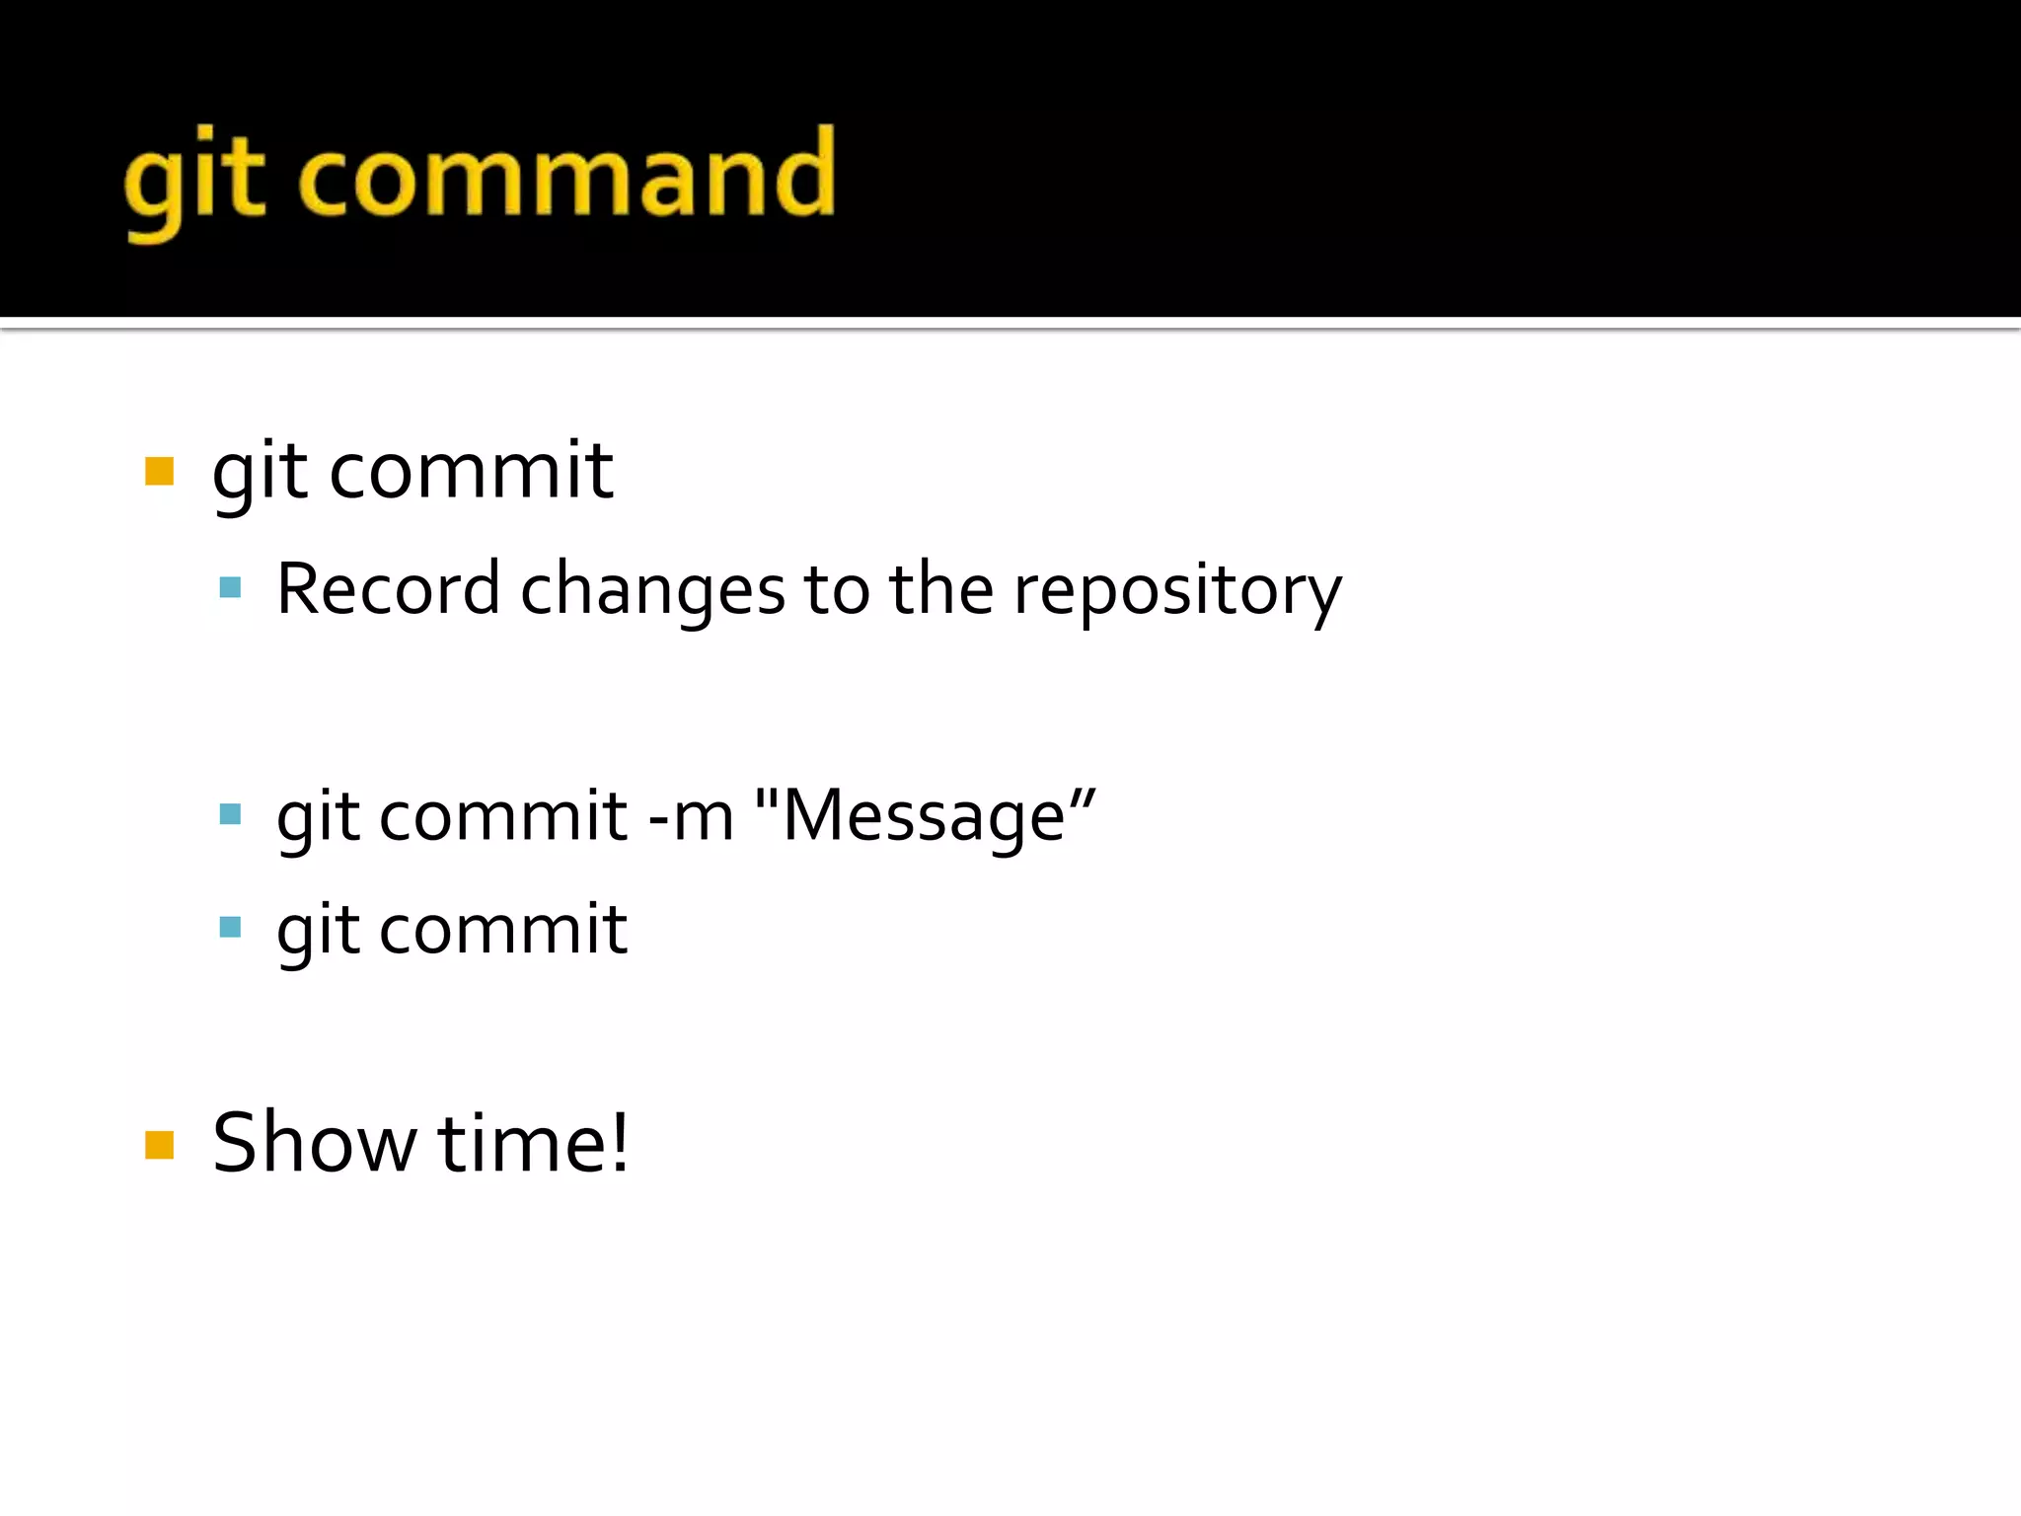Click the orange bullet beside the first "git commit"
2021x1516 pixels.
[159, 472]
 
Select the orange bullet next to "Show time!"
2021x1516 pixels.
[159, 1145]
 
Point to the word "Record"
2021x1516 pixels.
[388, 589]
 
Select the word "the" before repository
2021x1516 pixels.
[940, 589]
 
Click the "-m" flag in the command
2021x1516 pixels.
[692, 817]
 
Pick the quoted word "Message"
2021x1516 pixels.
[925, 817]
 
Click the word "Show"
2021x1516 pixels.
[314, 1143]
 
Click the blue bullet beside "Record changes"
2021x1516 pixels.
[231, 589]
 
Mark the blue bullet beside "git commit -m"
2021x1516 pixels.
[231, 814]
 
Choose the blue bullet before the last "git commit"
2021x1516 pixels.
[231, 928]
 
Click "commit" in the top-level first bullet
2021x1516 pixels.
[471, 471]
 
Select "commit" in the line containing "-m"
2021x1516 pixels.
[503, 817]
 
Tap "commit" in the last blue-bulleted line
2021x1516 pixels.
[503, 930]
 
